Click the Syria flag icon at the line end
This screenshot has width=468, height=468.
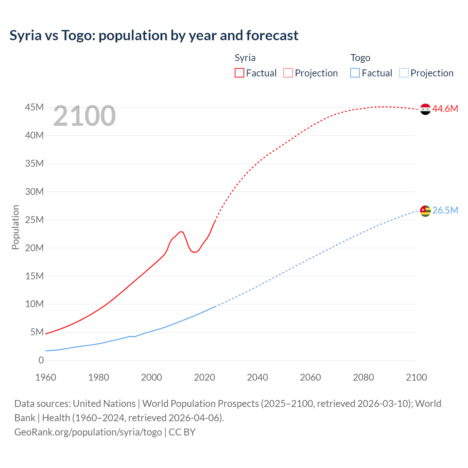425,109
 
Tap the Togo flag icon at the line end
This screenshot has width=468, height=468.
425,211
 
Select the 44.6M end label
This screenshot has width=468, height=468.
445,109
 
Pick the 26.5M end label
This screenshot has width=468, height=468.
445,211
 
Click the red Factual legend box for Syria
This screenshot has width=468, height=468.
239,73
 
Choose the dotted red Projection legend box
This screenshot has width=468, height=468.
288,73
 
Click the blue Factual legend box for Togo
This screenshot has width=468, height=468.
355,73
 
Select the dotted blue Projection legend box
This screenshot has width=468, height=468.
404,73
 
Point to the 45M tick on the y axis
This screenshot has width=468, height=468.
34,107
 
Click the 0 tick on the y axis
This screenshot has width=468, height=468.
41,361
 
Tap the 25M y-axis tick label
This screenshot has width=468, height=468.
34,220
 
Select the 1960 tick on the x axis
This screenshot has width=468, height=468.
46,377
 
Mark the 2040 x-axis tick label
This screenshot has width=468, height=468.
257,377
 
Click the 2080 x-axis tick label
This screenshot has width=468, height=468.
363,377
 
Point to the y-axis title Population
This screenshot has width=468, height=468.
15,227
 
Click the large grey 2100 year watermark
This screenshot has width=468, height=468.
84,116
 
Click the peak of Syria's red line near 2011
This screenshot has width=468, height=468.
181,231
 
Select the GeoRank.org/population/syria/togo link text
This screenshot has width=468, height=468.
88,432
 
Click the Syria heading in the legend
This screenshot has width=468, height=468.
245,58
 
